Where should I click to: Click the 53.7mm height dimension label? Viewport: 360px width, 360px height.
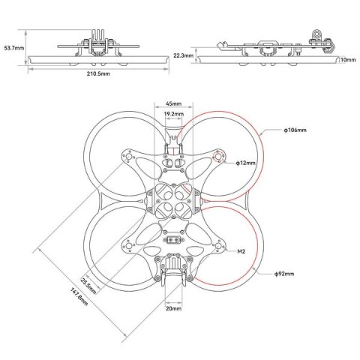13,47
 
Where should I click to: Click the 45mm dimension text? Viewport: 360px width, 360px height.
173,104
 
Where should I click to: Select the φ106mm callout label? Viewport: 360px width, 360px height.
295,130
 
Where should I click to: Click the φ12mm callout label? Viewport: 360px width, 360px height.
245,162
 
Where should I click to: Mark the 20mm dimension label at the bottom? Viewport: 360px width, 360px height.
173,307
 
